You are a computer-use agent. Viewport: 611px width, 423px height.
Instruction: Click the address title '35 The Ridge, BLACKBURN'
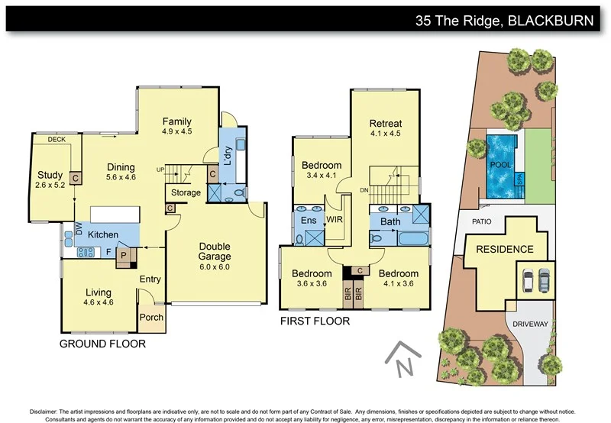504,21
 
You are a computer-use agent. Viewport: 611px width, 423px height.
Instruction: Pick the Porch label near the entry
151,318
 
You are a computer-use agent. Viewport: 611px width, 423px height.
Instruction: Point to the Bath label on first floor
390,222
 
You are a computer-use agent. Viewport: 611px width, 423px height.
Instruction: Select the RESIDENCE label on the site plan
505,249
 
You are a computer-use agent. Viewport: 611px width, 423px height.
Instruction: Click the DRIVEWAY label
531,324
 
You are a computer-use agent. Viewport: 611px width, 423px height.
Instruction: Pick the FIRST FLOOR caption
315,321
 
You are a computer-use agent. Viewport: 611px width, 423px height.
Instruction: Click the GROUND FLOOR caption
102,344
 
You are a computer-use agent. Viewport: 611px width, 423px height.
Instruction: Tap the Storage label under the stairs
186,192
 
